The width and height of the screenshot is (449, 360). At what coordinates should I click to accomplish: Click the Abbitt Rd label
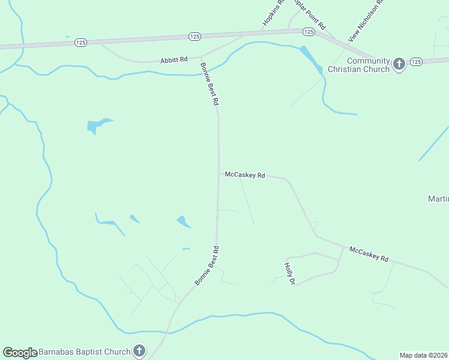click(x=174, y=60)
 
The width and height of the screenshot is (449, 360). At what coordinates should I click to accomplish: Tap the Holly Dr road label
click(x=289, y=273)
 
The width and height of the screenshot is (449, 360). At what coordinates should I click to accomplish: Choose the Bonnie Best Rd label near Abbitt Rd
click(x=209, y=84)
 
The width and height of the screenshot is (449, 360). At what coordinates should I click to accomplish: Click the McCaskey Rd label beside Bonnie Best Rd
click(x=245, y=175)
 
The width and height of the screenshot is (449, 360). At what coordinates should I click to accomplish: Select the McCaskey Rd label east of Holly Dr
click(x=369, y=254)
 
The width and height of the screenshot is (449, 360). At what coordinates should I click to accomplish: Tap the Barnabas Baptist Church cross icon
click(x=139, y=350)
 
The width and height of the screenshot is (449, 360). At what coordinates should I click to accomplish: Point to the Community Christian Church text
click(x=369, y=65)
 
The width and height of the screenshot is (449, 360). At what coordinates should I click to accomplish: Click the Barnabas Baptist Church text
click(x=84, y=352)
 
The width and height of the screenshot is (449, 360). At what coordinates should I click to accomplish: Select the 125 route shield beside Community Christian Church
click(x=417, y=62)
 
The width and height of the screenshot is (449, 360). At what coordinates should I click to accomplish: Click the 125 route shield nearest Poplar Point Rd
click(x=309, y=31)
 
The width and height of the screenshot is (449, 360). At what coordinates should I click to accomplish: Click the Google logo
click(x=20, y=353)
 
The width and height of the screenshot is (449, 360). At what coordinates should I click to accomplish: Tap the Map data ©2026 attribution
click(x=424, y=355)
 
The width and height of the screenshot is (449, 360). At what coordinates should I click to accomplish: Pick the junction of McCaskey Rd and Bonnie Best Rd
click(x=218, y=174)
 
